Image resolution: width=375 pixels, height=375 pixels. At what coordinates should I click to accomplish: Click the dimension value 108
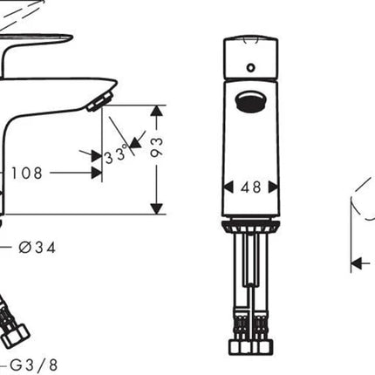click(27, 174)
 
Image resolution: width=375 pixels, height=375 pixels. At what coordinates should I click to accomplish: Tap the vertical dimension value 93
click(157, 147)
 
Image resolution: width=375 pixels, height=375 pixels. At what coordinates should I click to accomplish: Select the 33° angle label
click(116, 154)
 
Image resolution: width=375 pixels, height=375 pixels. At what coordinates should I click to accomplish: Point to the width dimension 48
click(250, 187)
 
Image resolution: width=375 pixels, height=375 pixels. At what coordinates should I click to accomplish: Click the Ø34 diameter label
click(37, 248)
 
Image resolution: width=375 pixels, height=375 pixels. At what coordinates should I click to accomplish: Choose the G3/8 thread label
click(34, 365)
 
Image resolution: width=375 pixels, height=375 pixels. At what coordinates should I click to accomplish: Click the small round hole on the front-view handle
click(250, 68)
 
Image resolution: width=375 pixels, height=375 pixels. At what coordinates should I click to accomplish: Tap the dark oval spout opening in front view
click(250, 101)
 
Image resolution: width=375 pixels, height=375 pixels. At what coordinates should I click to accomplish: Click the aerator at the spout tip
click(100, 101)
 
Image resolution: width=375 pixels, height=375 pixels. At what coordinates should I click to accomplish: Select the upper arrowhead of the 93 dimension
click(157, 111)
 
